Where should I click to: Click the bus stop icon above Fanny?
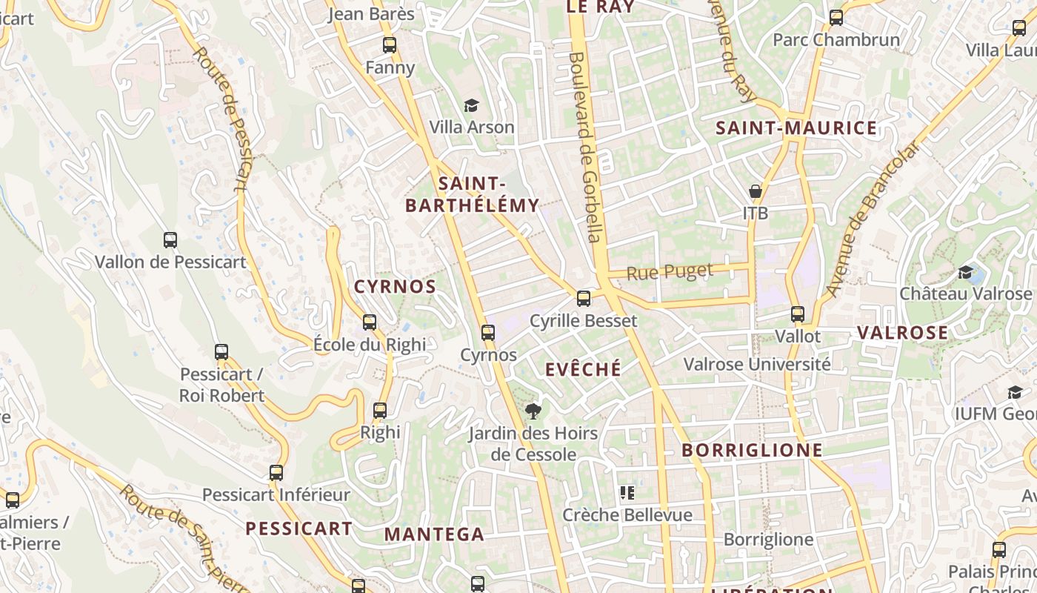coord(390,45)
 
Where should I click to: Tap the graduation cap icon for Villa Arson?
coord(472,105)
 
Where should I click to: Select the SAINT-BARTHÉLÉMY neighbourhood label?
coord(472,194)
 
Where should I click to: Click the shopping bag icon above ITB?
coord(756,192)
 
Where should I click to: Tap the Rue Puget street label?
coord(670,272)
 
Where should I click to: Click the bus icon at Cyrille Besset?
coord(584,299)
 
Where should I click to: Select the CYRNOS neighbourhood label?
coord(395,287)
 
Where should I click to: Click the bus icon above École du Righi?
coord(370,322)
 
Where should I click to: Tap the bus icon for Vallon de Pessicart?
coord(170,240)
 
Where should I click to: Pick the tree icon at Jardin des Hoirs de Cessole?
coord(532,411)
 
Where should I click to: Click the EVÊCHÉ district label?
coord(583,369)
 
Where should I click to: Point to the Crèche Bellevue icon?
coord(627,493)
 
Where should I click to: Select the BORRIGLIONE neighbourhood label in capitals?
coord(752,450)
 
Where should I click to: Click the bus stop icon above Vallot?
coord(798,314)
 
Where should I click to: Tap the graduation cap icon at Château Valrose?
coord(965,272)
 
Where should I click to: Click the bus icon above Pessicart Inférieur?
coord(276,472)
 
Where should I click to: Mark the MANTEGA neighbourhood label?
coord(434,534)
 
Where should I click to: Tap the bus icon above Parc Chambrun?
coord(836,18)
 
